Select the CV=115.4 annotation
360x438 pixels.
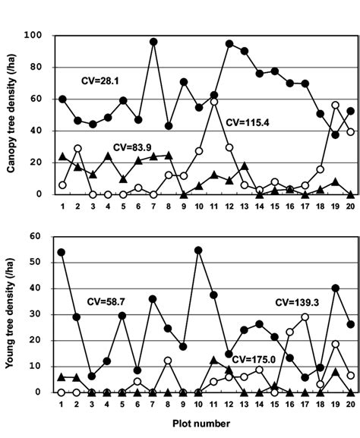248,121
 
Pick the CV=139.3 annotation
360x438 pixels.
296,302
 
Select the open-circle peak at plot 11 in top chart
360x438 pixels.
214,102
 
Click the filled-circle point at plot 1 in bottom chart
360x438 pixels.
62,252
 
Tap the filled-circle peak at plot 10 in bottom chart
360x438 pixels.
199,250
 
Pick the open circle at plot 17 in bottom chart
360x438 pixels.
305,317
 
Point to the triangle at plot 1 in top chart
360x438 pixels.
62,156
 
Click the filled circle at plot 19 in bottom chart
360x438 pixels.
336,288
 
